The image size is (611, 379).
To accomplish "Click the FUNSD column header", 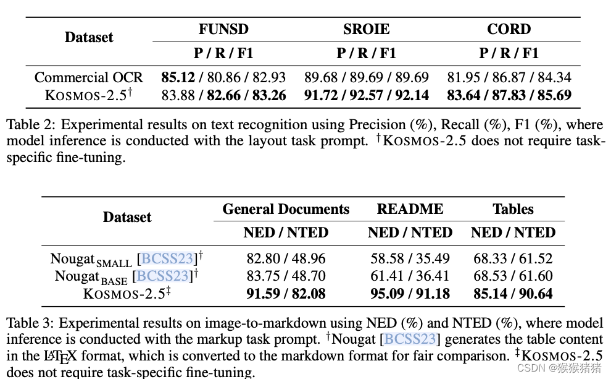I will coord(223,29).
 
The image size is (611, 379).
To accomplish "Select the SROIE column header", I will coord(367,29).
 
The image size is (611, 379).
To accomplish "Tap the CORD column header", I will coord(509,29).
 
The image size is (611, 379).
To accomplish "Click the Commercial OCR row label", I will coord(88,77).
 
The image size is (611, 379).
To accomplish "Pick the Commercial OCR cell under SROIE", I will coord(367,77).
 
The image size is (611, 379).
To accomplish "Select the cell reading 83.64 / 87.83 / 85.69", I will coord(509,95).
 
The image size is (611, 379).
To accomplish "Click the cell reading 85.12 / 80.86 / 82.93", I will coord(223,77).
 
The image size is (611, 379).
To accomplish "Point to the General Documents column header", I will coord(286,209).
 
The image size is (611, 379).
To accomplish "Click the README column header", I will coord(410,209).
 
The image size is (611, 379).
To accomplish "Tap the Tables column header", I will coord(513,209).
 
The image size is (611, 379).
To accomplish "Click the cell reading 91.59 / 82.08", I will coord(286,294).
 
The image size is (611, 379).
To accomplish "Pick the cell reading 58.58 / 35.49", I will coord(410,258).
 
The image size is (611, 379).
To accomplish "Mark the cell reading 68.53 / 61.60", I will coord(513,276).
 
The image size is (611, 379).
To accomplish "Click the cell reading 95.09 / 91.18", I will coord(410,294).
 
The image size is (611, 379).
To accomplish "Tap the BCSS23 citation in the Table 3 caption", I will coord(412,339).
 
